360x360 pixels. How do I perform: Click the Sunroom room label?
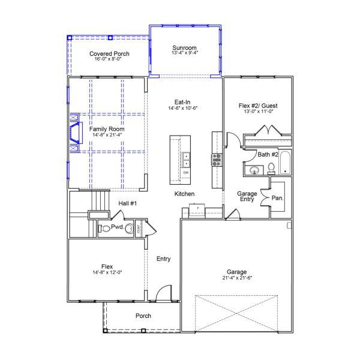[185, 48]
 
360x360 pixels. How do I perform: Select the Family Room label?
[107, 129]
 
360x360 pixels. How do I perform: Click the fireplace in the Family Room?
[74, 133]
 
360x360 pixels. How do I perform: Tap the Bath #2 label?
[268, 155]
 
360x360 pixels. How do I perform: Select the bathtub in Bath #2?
[285, 163]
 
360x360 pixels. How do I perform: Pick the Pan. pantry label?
[277, 197]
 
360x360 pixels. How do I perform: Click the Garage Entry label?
[247, 197]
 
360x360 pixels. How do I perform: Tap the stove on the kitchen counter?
[215, 160]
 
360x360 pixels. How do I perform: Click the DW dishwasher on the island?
[185, 173]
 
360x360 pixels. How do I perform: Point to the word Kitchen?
[184, 194]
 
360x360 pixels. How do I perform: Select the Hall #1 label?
[127, 203]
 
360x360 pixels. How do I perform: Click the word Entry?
[163, 259]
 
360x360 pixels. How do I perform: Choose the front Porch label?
[143, 316]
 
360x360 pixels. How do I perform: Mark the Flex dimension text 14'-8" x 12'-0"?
[107, 272]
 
